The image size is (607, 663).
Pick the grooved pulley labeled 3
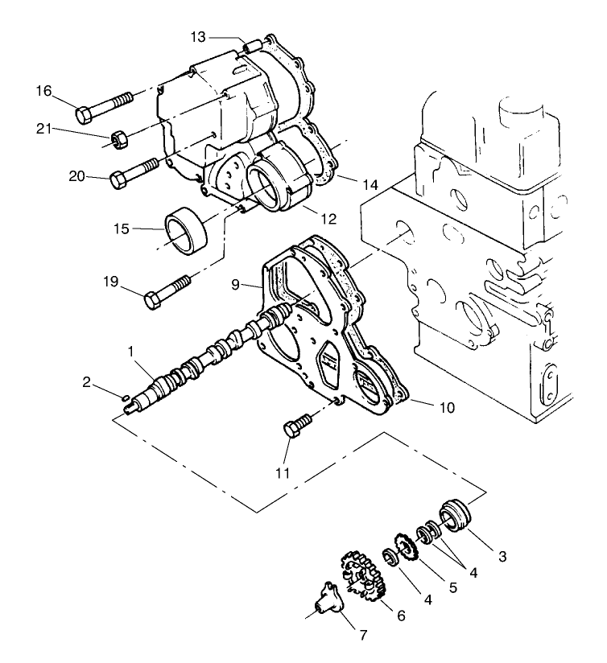(x=455, y=516)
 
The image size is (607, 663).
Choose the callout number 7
(x=363, y=636)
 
